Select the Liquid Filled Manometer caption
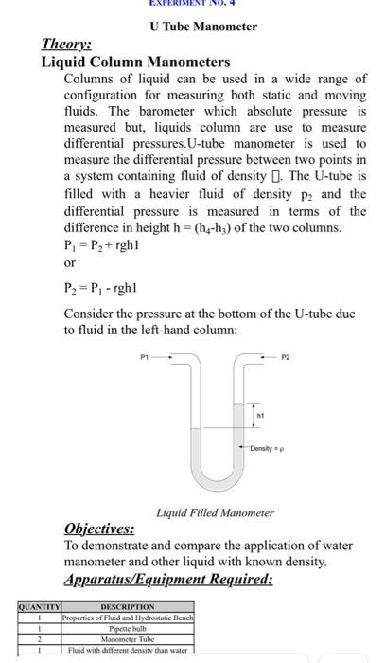pos(215,512)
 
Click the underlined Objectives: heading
pos(98,529)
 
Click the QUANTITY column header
pos(38,606)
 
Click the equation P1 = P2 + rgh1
pos(105,242)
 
